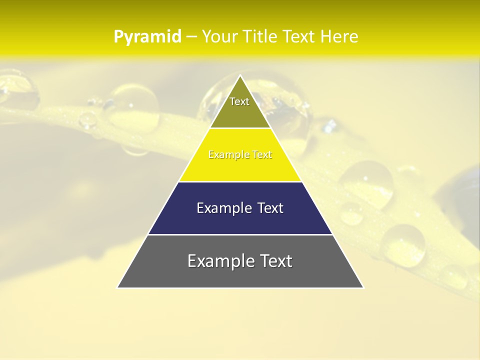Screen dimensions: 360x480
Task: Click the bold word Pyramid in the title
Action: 147,37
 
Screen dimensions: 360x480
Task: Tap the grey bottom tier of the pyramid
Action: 240,275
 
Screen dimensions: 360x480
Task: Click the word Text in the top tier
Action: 239,101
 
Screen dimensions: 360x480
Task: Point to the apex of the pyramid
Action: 240,76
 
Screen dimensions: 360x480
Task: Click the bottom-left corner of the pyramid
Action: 118,287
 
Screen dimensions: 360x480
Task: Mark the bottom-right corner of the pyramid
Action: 363,287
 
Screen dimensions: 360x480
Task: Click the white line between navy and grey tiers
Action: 240,234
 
